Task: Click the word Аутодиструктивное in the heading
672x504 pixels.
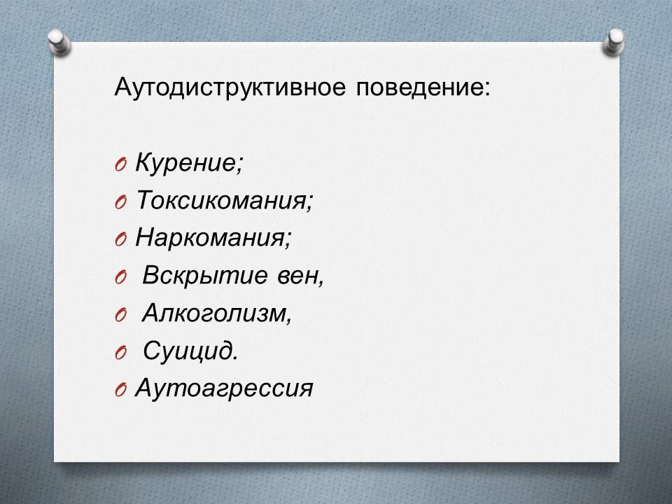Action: tap(230, 88)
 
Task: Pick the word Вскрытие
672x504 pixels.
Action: tap(205, 276)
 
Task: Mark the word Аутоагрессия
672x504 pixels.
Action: tap(224, 389)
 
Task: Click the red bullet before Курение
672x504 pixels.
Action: tap(121, 165)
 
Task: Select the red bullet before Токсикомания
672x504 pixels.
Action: tap(121, 202)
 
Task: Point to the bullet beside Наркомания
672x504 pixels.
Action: tap(121, 239)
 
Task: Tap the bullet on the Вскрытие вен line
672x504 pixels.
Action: tap(121, 278)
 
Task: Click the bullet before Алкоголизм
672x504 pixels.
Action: tap(121, 316)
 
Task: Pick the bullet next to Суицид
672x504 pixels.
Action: tap(121, 353)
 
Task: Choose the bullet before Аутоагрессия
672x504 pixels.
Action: tap(121, 391)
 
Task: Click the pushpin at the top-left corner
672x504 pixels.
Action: tap(59, 42)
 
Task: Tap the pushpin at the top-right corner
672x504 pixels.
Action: tap(614, 42)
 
